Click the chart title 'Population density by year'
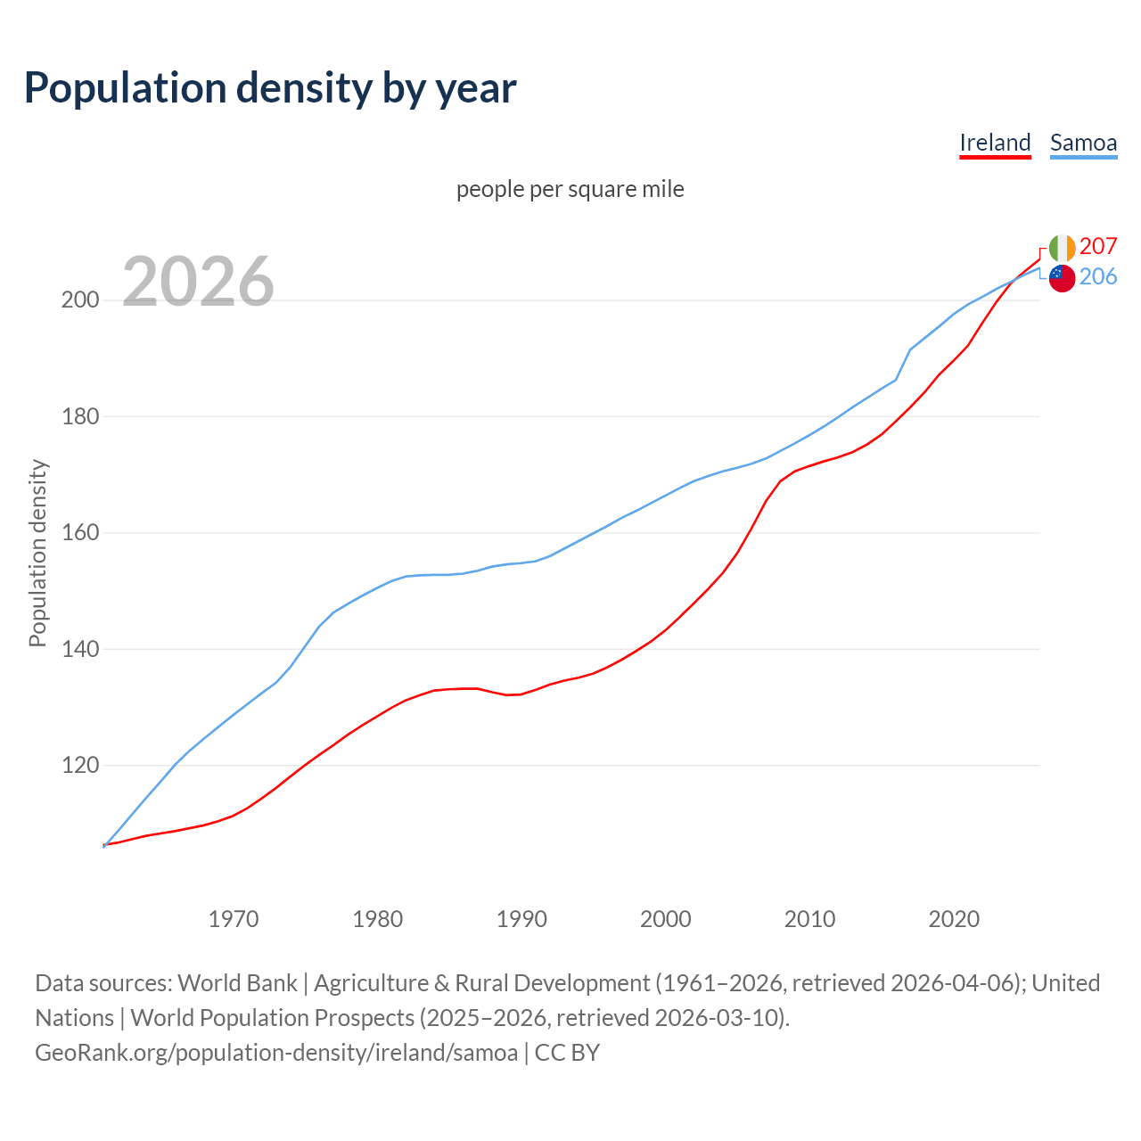click(270, 87)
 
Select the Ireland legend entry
click(995, 143)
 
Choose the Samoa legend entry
click(1083, 143)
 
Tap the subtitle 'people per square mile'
click(570, 189)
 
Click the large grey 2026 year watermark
click(198, 282)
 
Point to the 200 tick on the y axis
click(79, 300)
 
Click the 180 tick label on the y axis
click(79, 416)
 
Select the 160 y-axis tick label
click(79, 533)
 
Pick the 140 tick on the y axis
click(79, 649)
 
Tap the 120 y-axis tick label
click(79, 766)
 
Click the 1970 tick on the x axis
click(234, 919)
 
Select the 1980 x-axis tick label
click(378, 919)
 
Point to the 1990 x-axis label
click(521, 919)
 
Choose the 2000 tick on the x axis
click(666, 919)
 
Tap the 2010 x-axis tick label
click(809, 919)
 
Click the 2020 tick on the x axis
click(954, 919)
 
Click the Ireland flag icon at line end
click(1062, 248)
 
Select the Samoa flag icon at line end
click(1062, 278)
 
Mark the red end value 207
click(1098, 246)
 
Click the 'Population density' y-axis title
click(37, 553)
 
